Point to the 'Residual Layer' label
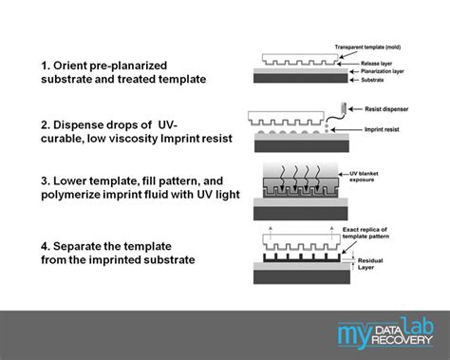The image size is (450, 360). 371,266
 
